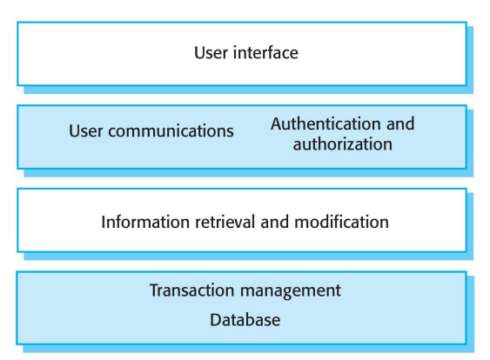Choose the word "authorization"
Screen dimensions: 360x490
click(x=343, y=143)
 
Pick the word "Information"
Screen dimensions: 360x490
click(x=138, y=221)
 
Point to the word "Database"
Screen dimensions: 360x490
click(x=245, y=320)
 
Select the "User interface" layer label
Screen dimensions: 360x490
click(x=245, y=53)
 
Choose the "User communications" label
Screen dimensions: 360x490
click(x=151, y=131)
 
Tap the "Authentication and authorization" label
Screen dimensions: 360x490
click(x=342, y=133)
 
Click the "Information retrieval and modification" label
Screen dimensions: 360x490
click(x=245, y=221)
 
